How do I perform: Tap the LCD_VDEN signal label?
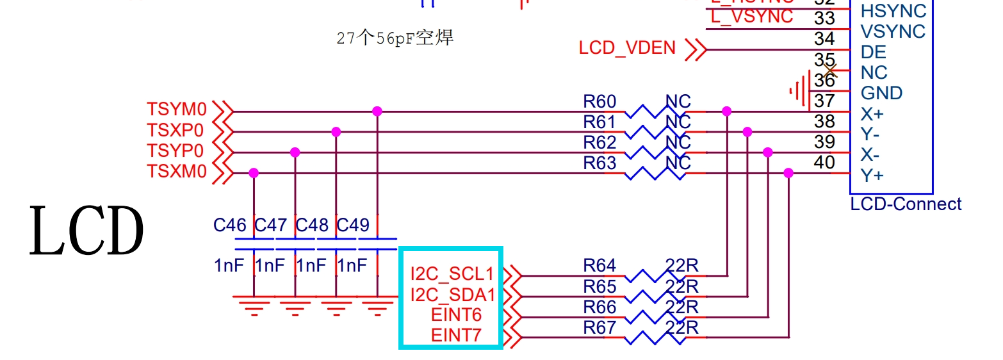pos(627,48)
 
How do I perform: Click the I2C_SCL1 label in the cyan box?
pos(452,274)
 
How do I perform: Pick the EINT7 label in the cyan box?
pos(456,335)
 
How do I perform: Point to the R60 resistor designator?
pos(599,101)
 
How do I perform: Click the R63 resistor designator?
pos(599,163)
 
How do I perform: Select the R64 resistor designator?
pos(599,265)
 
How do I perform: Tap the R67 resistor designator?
pos(599,327)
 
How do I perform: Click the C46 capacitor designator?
pos(230,225)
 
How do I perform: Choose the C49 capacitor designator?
pos(353,225)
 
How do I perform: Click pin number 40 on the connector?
pos(824,162)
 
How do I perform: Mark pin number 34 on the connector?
pos(824,38)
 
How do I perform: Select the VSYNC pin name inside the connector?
pos(893,31)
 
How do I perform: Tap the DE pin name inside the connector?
pos(874,52)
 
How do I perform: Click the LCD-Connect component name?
pos(906,204)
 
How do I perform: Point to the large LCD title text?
pos(86,231)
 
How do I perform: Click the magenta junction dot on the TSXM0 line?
pos(254,173)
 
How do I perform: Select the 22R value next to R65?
pos(682,286)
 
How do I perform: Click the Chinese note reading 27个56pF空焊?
pos(395,38)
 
